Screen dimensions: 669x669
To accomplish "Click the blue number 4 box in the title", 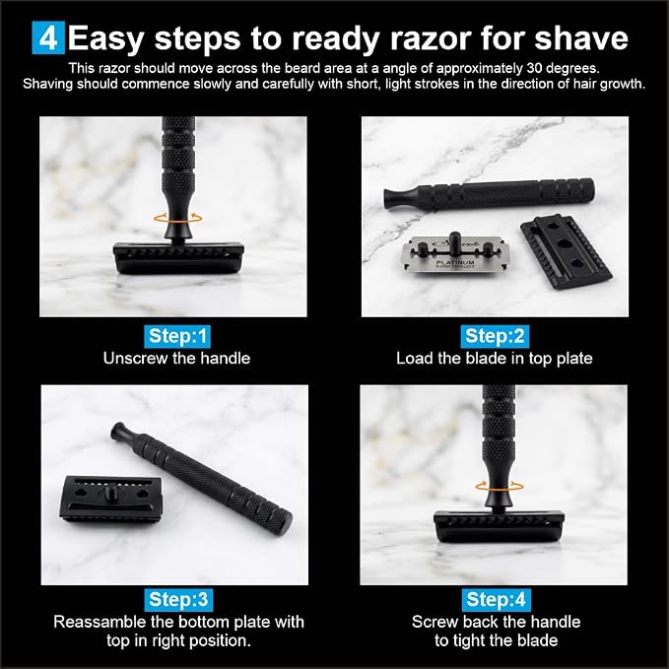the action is click(48, 38).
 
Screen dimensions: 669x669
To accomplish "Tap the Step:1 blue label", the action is click(178, 336).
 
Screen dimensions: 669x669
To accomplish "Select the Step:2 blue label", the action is click(495, 336).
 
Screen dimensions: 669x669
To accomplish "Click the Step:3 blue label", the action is click(178, 599).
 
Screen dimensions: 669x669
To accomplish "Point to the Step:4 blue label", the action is click(497, 599).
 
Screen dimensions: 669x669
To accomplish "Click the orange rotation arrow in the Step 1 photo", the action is click(178, 218).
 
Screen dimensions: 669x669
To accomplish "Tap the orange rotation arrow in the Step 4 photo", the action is click(500, 486).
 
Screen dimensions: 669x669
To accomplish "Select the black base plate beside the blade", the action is click(567, 251).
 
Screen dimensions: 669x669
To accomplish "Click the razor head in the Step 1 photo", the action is click(178, 258).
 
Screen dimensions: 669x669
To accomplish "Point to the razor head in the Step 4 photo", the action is click(500, 526).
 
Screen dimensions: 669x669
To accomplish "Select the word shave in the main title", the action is click(581, 38).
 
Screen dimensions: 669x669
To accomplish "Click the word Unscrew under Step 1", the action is click(135, 358).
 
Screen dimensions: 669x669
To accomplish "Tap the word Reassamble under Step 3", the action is click(100, 622).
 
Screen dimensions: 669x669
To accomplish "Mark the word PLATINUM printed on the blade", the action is click(455, 262).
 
